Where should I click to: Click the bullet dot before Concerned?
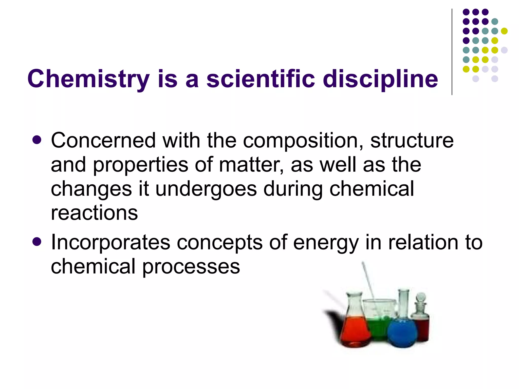pos(37,140)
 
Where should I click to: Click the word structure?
pos(412,141)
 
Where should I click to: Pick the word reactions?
pos(94,213)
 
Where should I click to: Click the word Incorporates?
pos(110,243)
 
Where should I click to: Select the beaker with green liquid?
pos(379,324)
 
